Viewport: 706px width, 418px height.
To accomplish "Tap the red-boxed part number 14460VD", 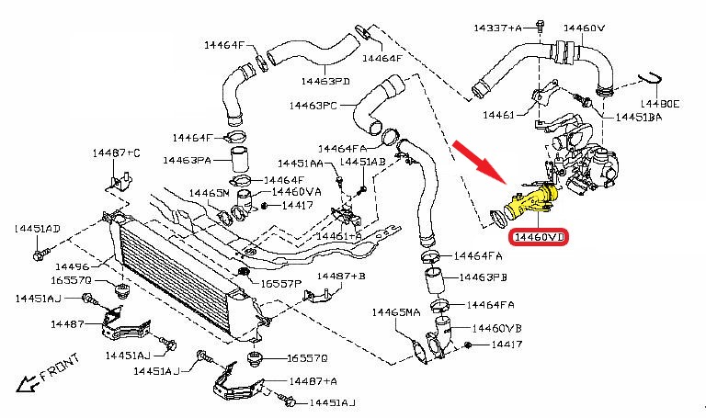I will pos(540,238).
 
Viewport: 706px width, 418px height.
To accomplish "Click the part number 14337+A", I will pos(495,28).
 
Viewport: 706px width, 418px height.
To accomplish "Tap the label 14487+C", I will pos(116,151).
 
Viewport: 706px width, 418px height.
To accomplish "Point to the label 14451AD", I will pos(37,228).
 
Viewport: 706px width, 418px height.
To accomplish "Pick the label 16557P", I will pos(279,284).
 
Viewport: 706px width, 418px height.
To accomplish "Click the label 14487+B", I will pos(341,276).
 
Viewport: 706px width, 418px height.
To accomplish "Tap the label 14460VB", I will pos(496,328).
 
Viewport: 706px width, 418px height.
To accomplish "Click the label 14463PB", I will pos(484,277).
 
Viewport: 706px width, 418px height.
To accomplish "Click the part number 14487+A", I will pos(313,380).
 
